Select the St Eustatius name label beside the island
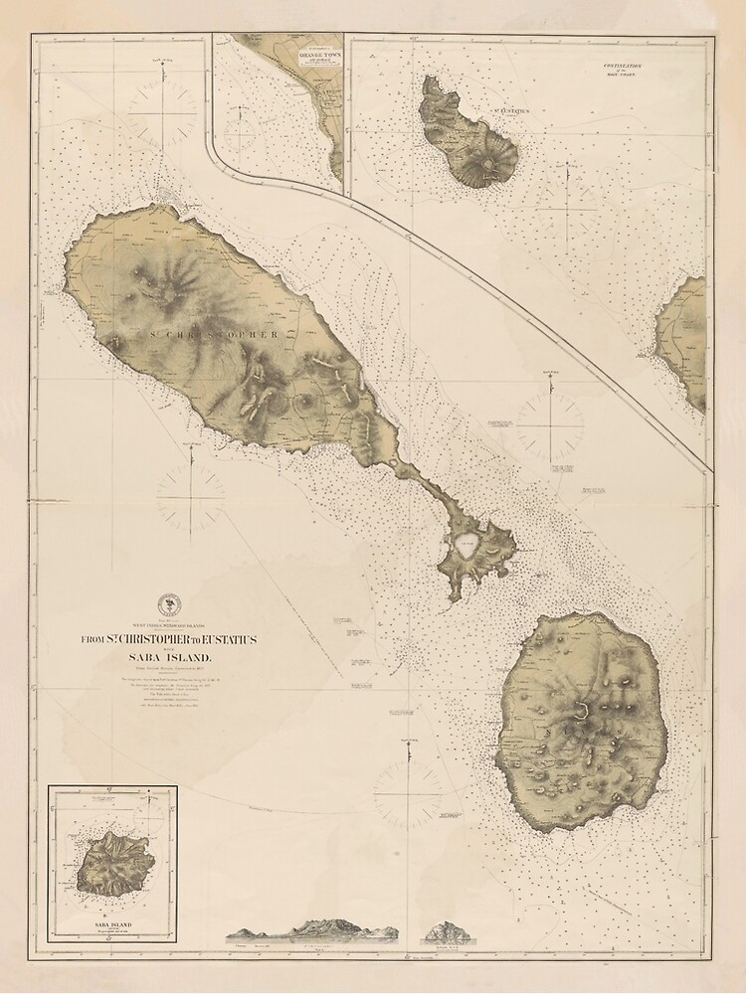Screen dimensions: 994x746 pyautogui.click(x=500, y=125)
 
